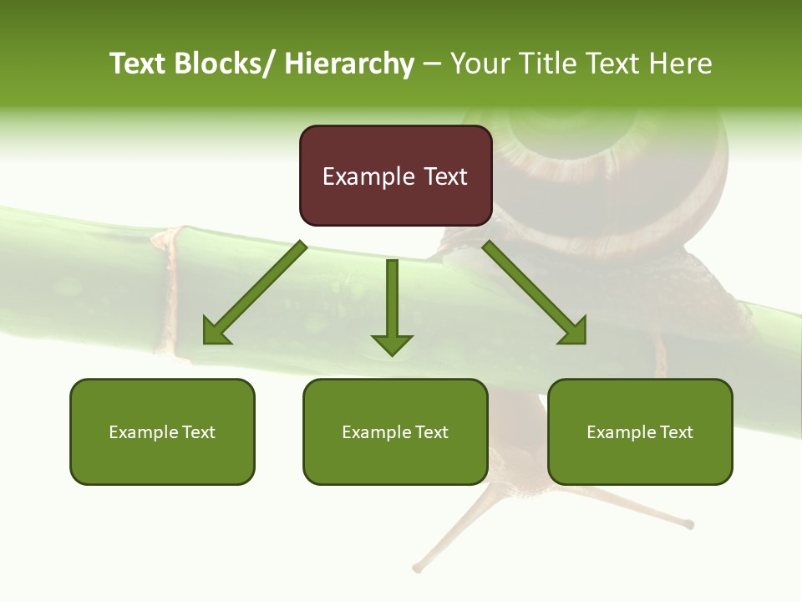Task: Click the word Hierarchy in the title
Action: click(x=349, y=64)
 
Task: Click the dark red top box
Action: click(x=395, y=176)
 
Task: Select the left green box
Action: click(x=162, y=431)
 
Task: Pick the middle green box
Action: click(x=395, y=431)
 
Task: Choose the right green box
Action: click(x=640, y=431)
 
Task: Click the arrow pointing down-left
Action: click(x=255, y=293)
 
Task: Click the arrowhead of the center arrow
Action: click(x=392, y=344)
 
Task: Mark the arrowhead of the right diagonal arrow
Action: click(x=574, y=332)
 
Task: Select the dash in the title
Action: click(x=432, y=64)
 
